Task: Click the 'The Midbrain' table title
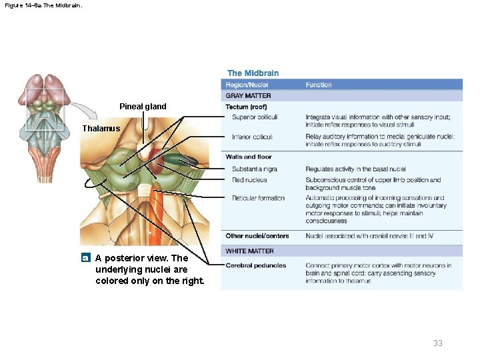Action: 253,73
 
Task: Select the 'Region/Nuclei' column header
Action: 247,85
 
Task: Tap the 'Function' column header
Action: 319,85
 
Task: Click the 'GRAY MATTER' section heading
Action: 248,96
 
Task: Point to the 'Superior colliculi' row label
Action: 255,117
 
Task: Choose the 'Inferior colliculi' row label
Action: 253,137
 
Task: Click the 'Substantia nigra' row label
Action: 255,169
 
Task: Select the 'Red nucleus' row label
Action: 249,180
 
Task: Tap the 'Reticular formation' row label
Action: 258,198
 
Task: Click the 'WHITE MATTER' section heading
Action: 249,251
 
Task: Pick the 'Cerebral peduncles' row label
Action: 256,265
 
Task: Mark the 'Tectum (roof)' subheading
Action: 246,107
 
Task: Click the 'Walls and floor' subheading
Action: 249,157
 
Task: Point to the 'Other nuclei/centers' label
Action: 257,236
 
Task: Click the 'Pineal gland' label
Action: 143,107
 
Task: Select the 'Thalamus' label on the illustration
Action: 101,128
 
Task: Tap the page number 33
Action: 437,343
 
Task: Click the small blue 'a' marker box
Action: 85,257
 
